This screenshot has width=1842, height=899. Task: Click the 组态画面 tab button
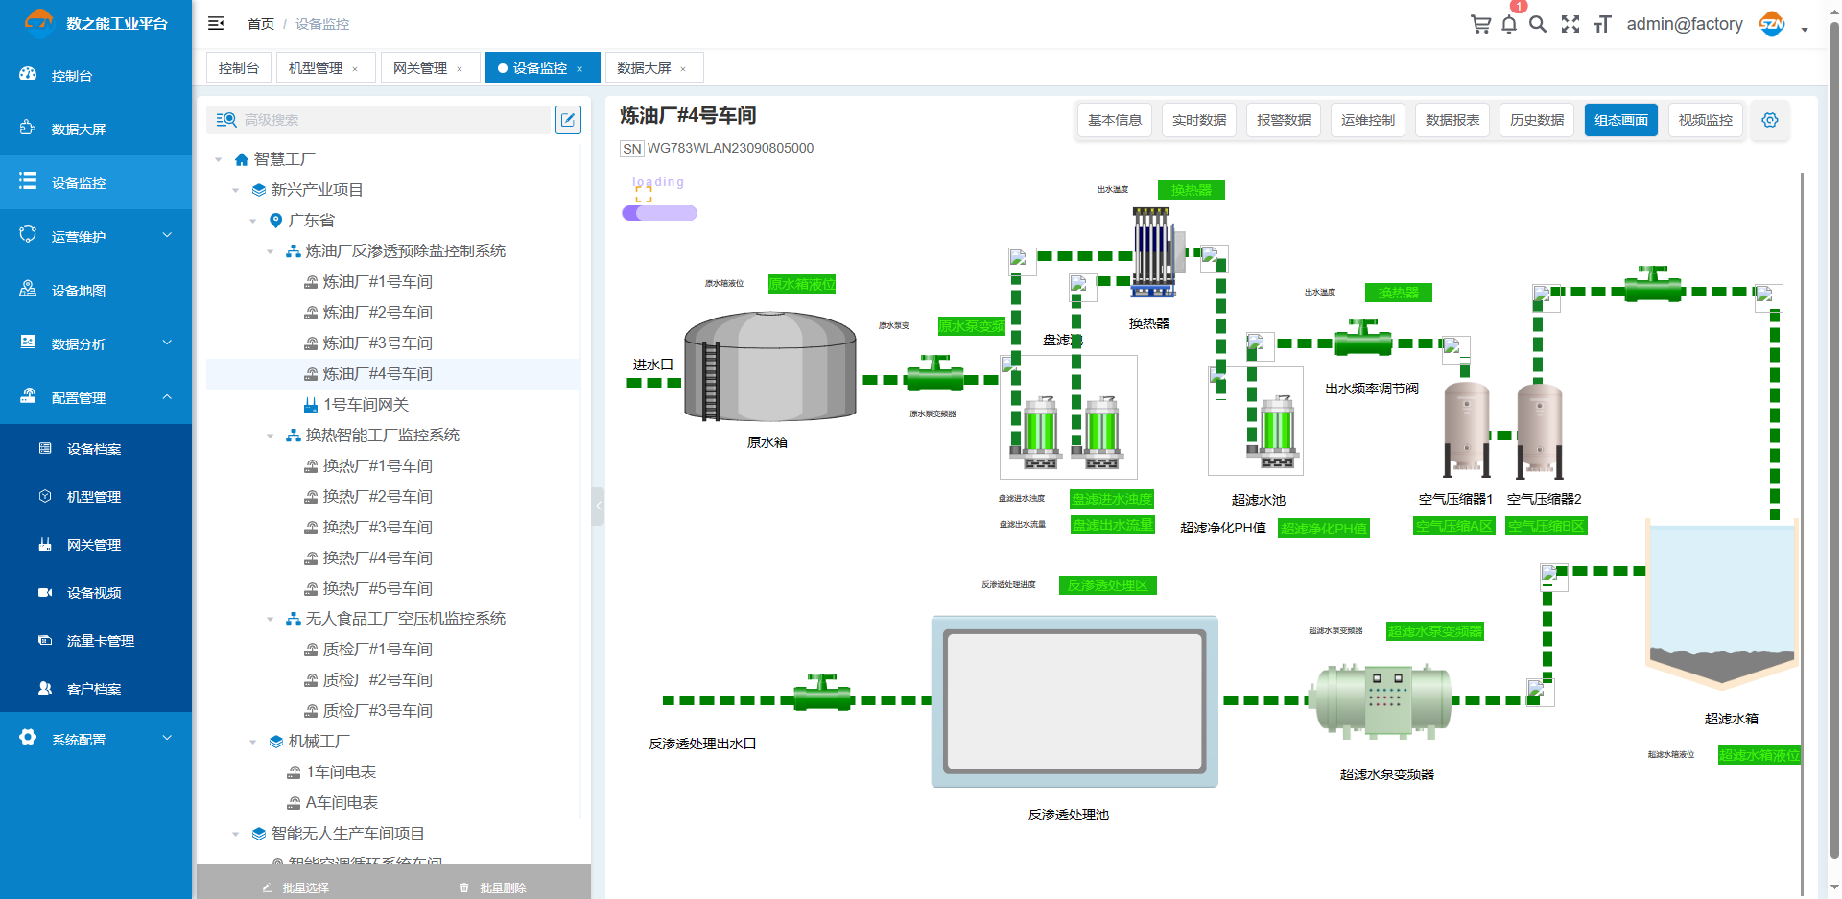tap(1620, 120)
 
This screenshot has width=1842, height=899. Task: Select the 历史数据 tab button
tap(1536, 120)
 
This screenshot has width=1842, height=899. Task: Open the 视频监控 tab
tap(1705, 120)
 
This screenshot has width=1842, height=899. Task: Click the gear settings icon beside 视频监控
tap(1769, 120)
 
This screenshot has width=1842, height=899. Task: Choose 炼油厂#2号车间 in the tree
tap(377, 313)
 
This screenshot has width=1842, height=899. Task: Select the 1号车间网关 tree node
tap(366, 405)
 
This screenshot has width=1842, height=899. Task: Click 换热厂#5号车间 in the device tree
tap(377, 588)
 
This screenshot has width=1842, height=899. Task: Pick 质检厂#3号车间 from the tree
tap(377, 711)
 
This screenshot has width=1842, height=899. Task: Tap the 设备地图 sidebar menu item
tap(79, 291)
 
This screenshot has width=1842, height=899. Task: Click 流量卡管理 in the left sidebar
tap(100, 641)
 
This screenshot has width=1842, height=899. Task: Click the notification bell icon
tap(1509, 25)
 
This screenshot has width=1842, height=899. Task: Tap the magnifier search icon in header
tap(1538, 25)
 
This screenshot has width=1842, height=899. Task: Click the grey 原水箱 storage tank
tap(769, 367)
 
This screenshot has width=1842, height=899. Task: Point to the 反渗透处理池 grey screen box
tap(1074, 701)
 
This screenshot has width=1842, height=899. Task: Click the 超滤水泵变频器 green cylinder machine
tap(1381, 699)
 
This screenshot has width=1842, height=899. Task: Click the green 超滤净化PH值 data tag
tap(1323, 529)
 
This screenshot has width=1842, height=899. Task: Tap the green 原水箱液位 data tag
tap(802, 284)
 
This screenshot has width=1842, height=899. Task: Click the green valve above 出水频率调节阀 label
tap(1363, 340)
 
